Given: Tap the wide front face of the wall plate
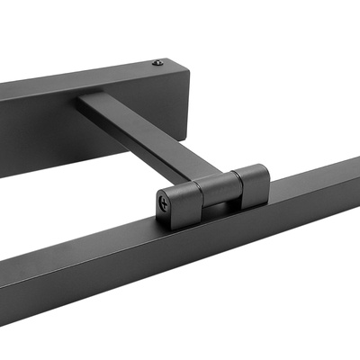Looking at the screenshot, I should coord(54,126).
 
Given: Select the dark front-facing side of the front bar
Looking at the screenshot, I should coord(135,288).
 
